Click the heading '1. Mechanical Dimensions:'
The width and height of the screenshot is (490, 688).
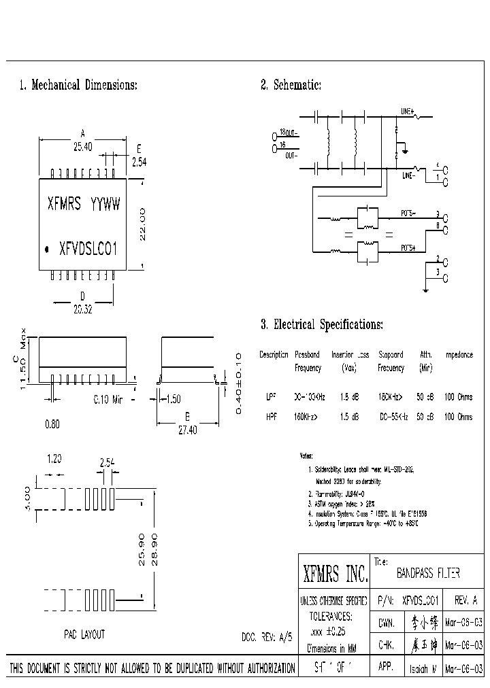(78, 85)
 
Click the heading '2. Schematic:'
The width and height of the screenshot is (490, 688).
(291, 85)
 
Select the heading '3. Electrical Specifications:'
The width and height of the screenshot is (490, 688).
(322, 325)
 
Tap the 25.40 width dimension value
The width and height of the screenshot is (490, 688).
(82, 146)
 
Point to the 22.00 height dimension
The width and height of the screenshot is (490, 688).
(142, 224)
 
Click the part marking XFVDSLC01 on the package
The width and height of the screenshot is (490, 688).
(88, 249)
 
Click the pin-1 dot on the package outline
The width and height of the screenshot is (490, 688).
(47, 250)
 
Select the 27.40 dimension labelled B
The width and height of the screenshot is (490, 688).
(187, 430)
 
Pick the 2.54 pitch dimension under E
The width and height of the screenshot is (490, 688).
(139, 162)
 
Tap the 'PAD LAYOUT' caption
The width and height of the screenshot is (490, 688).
(84, 634)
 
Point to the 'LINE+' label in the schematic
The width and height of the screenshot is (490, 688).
(408, 111)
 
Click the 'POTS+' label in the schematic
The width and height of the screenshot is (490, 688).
(408, 248)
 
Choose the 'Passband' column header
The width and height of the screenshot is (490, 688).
(307, 355)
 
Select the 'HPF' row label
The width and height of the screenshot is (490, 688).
(270, 417)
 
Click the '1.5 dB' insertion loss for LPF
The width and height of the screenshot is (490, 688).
(349, 396)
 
